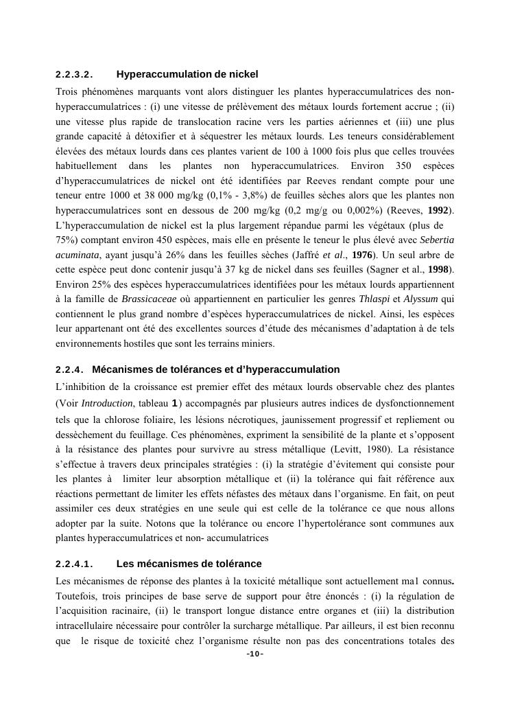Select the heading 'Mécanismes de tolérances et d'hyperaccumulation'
click(215, 369)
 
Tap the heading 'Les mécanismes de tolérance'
click(189, 564)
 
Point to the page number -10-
click(255, 653)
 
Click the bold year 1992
click(440, 209)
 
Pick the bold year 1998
click(440, 270)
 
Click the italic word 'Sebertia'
click(436, 240)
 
